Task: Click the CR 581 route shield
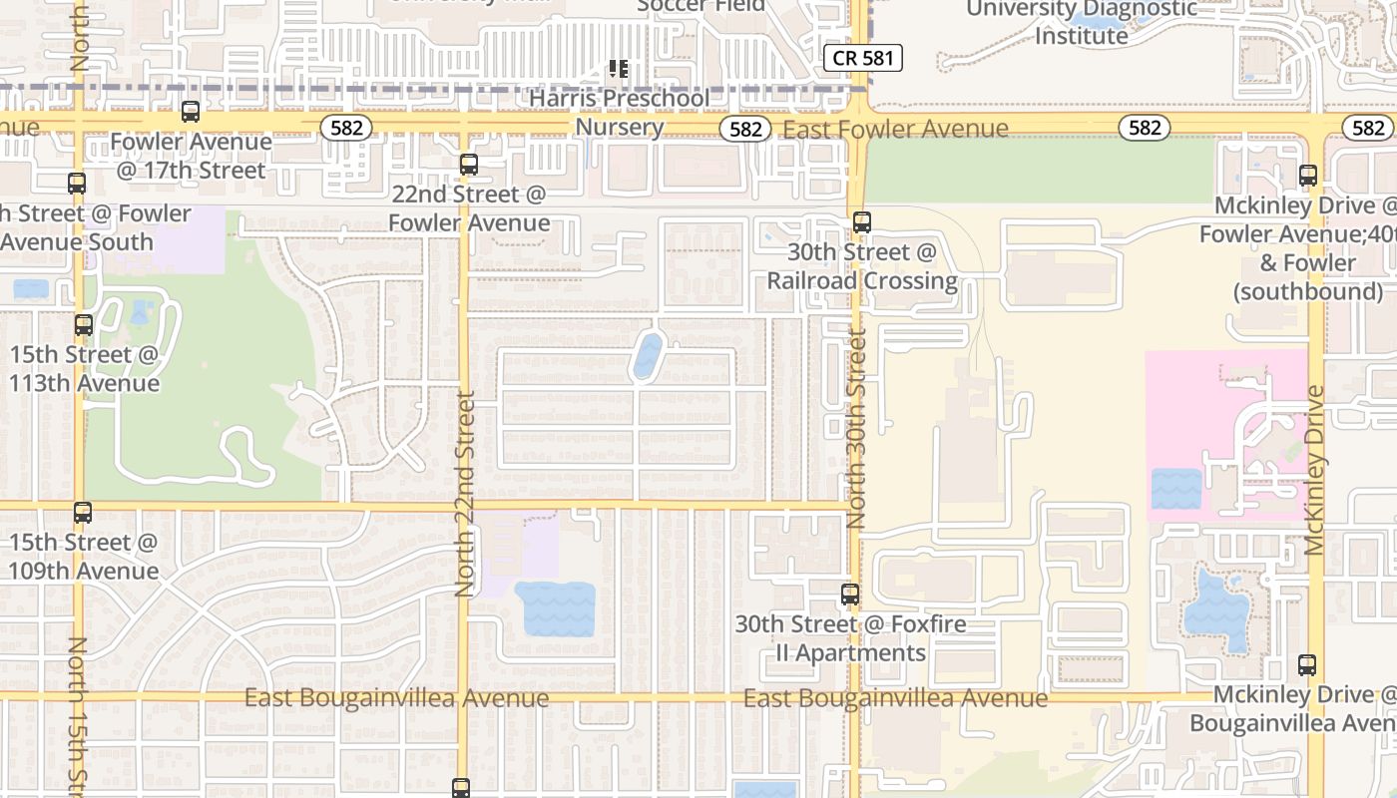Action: point(863,58)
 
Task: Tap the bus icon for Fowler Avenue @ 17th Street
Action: point(191,112)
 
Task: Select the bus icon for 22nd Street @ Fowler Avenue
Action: point(468,165)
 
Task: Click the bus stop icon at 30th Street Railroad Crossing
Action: point(862,222)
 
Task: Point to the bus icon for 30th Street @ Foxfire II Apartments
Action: point(850,595)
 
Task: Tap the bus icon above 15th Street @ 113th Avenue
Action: point(84,325)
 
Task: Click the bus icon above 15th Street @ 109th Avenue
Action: point(83,513)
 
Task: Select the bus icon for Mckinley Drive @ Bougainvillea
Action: point(1307,664)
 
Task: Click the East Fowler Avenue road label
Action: point(895,130)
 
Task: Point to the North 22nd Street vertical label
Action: point(465,494)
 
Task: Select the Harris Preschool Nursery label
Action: point(620,113)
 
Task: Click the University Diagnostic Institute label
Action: point(1081,22)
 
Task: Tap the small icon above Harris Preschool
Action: point(619,69)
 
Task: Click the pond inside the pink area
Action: point(1176,489)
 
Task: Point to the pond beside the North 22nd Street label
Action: point(556,608)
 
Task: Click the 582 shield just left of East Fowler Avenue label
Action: point(745,129)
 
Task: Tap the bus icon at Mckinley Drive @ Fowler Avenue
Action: point(1308,176)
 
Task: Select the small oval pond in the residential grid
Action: point(648,356)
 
